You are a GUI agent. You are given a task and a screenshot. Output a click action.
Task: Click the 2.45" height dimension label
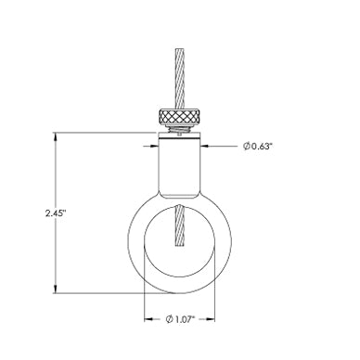tap(55, 212)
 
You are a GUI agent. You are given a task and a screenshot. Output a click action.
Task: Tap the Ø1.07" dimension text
tap(185, 319)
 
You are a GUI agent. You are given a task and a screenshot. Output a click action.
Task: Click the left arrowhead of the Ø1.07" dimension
tap(148, 319)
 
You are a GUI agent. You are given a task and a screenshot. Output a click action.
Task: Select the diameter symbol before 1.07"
tap(170, 319)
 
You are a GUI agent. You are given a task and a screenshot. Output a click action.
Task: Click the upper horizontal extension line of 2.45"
tap(102, 135)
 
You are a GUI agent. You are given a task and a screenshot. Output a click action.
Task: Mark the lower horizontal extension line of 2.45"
tap(102, 289)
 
